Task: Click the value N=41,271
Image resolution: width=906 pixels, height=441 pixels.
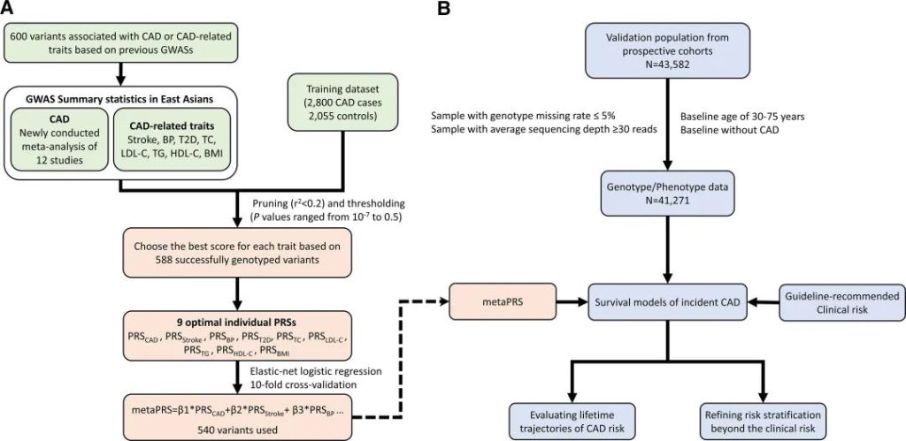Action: point(667,202)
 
